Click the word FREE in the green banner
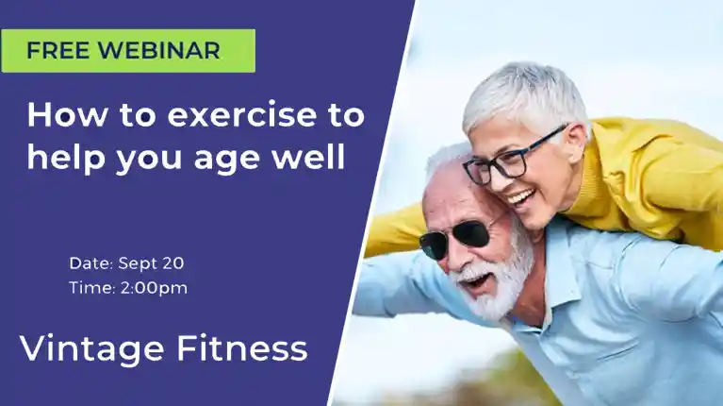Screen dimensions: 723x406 coord(58,50)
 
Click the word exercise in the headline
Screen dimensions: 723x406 coord(241,114)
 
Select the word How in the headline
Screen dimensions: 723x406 coord(67,114)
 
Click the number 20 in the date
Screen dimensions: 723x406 coord(173,262)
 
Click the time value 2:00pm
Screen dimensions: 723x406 coord(154,288)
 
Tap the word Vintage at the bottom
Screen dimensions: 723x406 coord(92,350)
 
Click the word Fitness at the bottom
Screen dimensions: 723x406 coord(242,348)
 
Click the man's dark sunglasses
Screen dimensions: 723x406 coord(456,236)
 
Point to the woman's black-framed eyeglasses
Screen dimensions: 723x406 coord(512,157)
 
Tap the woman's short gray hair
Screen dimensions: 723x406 coord(526,97)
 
